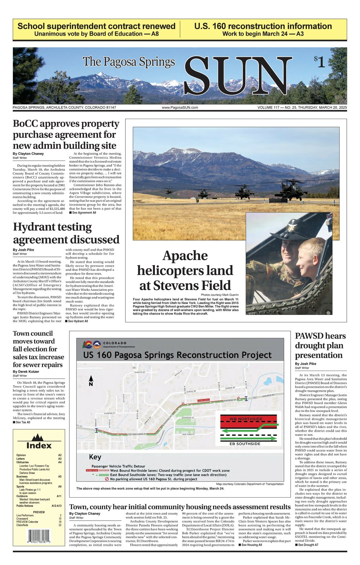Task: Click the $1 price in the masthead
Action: click(319, 61)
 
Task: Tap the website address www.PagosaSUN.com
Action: click(180, 108)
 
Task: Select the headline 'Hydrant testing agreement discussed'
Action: click(66, 233)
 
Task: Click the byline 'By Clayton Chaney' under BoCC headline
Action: click(28, 154)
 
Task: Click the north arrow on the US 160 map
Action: click(91, 380)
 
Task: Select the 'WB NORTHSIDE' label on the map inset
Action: click(246, 419)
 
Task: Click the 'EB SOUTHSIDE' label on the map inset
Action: click(245, 444)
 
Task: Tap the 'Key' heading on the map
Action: click(95, 457)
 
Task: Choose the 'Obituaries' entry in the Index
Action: click(23, 462)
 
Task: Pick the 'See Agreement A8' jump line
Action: click(83, 213)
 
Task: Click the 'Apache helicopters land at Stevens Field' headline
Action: click(185, 270)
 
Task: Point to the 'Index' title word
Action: click(38, 446)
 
